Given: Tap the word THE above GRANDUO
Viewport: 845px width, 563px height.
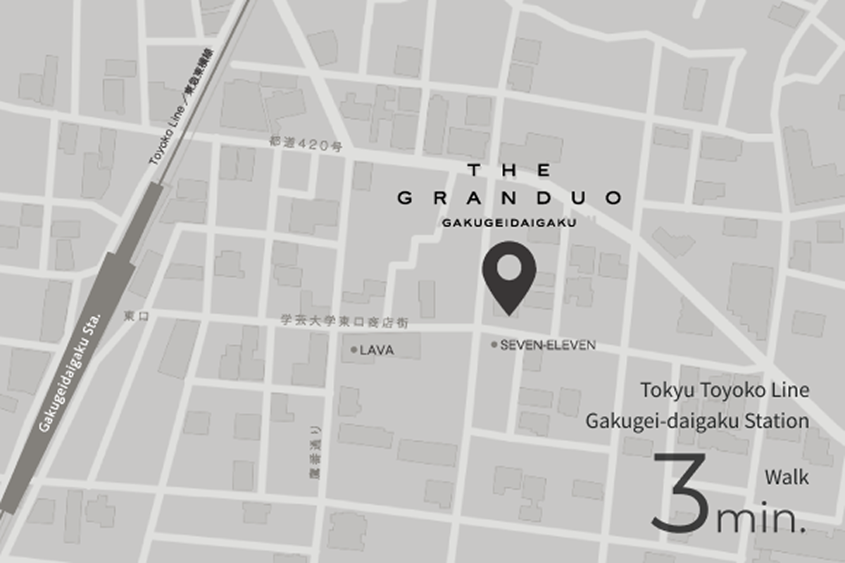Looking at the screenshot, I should [509, 170].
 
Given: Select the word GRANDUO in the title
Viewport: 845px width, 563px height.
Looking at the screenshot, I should [509, 198].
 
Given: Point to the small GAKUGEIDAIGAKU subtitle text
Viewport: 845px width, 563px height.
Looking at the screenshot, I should [510, 223].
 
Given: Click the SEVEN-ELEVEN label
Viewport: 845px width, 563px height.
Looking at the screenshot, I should [548, 345].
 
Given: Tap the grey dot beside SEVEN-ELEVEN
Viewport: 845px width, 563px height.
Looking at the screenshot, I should [494, 345].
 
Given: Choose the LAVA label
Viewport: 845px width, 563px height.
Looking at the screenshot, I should [377, 350].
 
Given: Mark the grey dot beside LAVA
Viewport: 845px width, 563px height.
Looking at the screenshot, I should [353, 350].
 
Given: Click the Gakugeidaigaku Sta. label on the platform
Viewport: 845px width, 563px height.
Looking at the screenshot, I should [70, 372].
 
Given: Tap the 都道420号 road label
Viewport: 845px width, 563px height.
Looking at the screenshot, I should [306, 146].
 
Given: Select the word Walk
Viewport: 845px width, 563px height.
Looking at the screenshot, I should [787, 477].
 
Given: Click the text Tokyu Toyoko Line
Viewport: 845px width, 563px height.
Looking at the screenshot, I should [725, 389].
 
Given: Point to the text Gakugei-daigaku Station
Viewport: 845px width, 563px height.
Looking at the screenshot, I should [697, 422].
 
